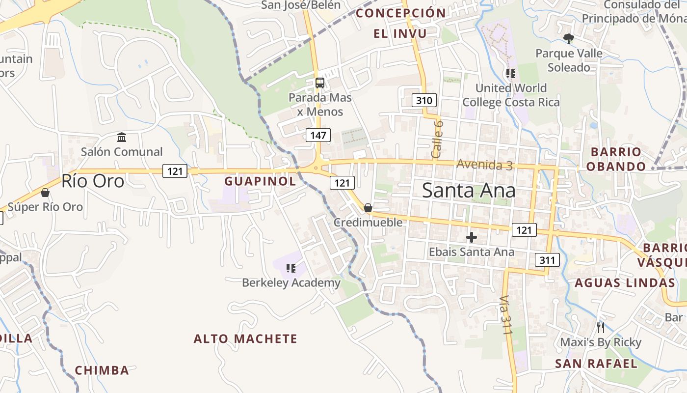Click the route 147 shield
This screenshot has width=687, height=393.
click(x=318, y=135)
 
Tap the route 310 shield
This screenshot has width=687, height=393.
click(x=424, y=101)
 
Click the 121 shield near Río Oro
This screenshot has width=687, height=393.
click(x=175, y=171)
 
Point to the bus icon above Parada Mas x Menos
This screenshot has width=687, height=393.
click(x=320, y=83)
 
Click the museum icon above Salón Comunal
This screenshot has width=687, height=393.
click(x=122, y=137)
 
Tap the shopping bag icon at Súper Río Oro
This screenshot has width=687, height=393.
click(x=45, y=193)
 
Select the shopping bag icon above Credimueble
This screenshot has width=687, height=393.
click(x=368, y=208)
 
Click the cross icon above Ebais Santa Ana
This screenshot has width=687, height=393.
click(x=472, y=238)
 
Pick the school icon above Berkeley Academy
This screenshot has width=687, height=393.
click(x=291, y=268)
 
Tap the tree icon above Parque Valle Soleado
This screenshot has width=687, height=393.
click(x=569, y=38)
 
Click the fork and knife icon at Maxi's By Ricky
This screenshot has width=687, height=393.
click(x=601, y=327)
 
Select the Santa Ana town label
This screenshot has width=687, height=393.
click(x=469, y=191)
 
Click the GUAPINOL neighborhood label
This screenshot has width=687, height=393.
click(x=260, y=181)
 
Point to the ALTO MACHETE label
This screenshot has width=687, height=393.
click(x=245, y=339)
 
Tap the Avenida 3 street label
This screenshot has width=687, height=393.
click(x=484, y=165)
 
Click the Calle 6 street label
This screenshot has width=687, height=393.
click(x=437, y=139)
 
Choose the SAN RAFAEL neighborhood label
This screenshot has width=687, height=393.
click(x=596, y=364)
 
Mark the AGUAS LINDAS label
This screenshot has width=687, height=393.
click(x=625, y=283)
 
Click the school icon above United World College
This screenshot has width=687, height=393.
click(x=511, y=74)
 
